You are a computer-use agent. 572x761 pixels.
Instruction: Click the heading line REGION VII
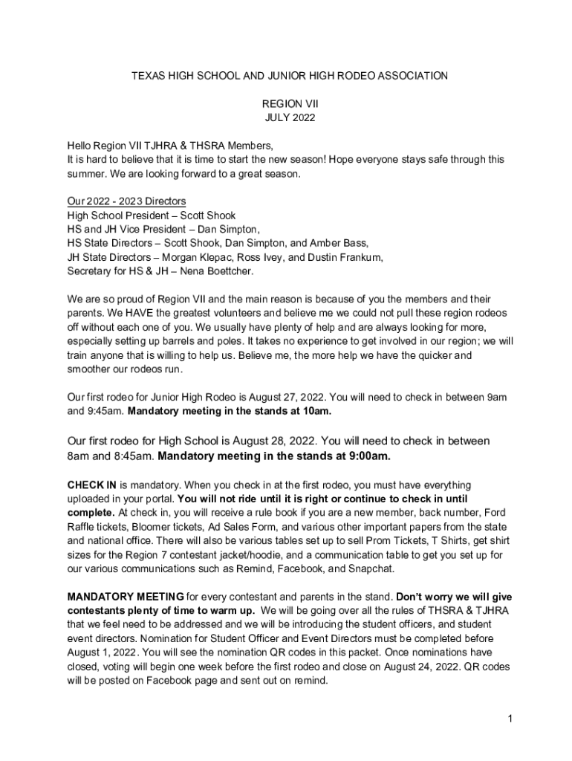click(x=290, y=104)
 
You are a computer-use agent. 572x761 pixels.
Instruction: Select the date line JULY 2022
click(x=290, y=117)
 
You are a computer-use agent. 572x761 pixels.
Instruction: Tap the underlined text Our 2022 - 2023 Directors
click(x=126, y=201)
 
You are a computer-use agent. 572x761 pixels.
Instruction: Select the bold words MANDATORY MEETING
click(x=126, y=597)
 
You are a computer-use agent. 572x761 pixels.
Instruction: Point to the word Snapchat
click(x=369, y=569)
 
